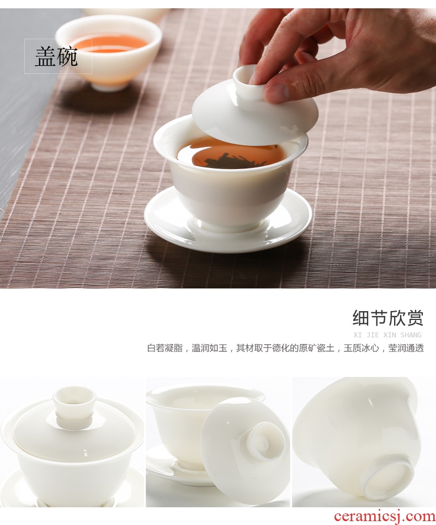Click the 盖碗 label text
(56, 56)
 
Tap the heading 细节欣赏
(388, 318)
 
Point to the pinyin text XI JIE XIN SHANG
(387, 335)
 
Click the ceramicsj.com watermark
(385, 516)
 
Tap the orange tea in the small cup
(110, 44)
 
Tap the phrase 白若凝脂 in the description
(165, 348)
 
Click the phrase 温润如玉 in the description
(209, 348)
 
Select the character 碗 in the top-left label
(67, 56)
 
